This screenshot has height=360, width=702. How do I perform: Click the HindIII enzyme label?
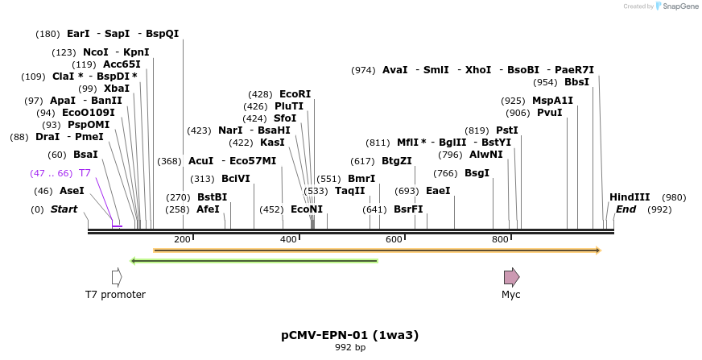pyautogui.click(x=630, y=197)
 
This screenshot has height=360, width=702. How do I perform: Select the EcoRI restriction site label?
pyautogui.click(x=295, y=94)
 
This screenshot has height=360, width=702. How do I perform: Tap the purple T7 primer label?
pyautogui.click(x=85, y=173)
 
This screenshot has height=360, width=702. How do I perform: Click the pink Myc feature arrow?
pyautogui.click(x=511, y=277)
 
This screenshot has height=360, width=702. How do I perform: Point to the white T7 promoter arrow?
pyautogui.click(x=117, y=277)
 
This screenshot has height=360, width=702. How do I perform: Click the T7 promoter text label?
pyautogui.click(x=115, y=295)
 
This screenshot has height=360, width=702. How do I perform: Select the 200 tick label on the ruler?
pyautogui.click(x=181, y=239)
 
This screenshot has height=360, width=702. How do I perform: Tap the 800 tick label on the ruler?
pyautogui.click(x=500, y=239)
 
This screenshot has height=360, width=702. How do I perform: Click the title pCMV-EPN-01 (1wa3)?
pyautogui.click(x=349, y=334)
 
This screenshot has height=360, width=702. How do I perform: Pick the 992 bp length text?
pyautogui.click(x=349, y=348)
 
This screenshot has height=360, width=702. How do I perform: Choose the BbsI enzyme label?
pyautogui.click(x=576, y=82)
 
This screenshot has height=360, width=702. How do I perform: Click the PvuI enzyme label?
pyautogui.click(x=549, y=113)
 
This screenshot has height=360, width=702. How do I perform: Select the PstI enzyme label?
pyautogui.click(x=507, y=130)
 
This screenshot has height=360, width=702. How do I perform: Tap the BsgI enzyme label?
pyautogui.click(x=477, y=173)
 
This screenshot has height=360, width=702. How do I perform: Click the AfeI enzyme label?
pyautogui.click(x=208, y=209)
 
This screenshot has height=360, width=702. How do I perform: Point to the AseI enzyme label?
pyautogui.click(x=72, y=191)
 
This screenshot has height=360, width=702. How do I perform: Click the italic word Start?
pyautogui.click(x=64, y=209)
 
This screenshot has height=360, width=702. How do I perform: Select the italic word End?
pyautogui.click(x=626, y=209)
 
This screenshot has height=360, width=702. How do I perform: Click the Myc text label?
pyautogui.click(x=511, y=295)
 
